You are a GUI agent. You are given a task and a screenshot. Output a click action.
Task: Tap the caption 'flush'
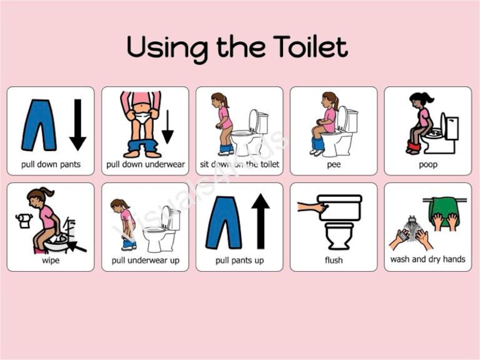coord(333,260)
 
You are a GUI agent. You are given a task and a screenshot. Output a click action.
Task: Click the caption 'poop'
coord(428,164)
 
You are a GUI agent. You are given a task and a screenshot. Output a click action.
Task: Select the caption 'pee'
coord(333,164)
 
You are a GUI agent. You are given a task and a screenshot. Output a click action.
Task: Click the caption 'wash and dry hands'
coord(428,260)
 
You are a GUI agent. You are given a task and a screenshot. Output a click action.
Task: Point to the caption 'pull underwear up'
coord(145,260)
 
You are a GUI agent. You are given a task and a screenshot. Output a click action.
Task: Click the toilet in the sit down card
coord(250,133)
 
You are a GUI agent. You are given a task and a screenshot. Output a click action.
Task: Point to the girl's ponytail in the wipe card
coord(48,192)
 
